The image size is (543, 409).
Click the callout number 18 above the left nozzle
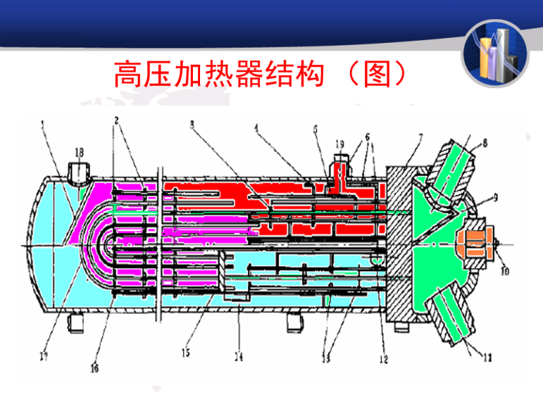point(79,152)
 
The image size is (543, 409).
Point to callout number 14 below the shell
point(239,355)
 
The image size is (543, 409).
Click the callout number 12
point(383,360)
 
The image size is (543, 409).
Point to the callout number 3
point(191,123)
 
